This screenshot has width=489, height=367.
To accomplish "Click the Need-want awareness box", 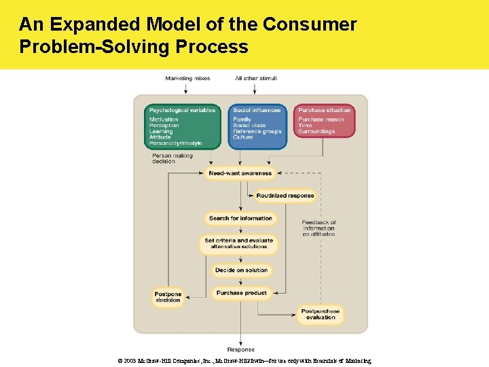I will [240, 173].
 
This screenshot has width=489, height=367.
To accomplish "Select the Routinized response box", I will [285, 196].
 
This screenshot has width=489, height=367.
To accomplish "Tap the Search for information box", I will [240, 218].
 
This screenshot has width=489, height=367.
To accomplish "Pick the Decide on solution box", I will [241, 270].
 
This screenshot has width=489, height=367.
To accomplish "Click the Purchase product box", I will [241, 293].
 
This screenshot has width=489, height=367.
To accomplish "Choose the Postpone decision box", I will [168, 297].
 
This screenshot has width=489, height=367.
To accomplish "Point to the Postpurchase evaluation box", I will [321, 314].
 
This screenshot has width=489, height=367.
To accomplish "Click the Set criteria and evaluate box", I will [239, 243].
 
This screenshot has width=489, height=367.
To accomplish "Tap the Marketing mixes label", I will [187, 78].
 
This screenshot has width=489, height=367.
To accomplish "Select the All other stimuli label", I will [256, 78].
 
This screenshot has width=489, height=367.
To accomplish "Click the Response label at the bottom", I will [241, 349].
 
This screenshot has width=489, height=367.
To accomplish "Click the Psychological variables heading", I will [182, 110].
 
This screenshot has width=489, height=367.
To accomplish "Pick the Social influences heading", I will [257, 110].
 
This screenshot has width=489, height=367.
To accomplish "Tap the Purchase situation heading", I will [325, 110].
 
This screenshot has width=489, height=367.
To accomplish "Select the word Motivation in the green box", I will [164, 120].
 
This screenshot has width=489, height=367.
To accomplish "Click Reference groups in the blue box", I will [257, 131].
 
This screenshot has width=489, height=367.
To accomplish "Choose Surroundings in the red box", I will [316, 131].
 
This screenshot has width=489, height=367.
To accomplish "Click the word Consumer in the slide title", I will [309, 24].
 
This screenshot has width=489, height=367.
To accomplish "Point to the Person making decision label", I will [173, 158].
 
